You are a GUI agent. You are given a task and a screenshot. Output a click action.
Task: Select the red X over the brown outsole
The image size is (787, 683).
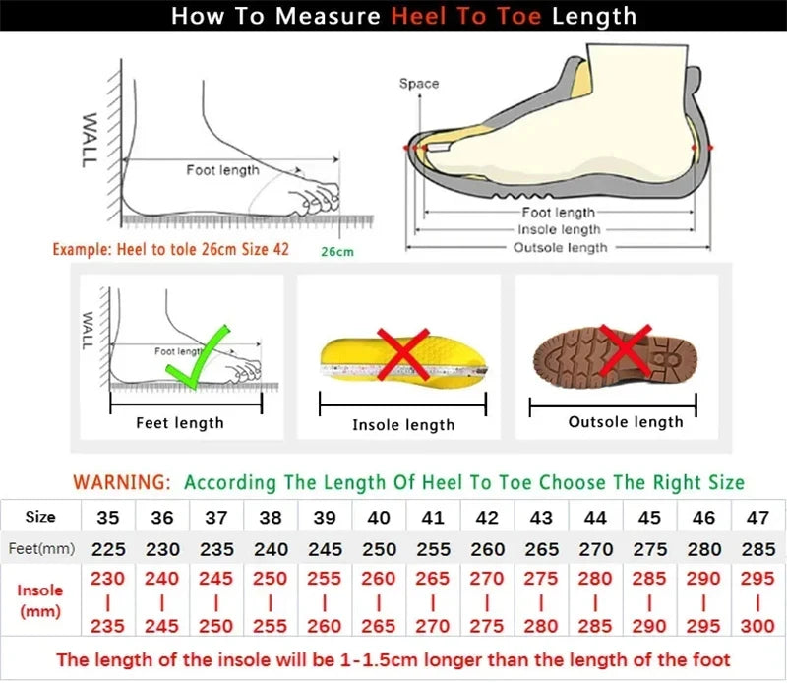(626, 348)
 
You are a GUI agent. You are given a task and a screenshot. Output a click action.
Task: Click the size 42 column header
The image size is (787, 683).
(486, 517)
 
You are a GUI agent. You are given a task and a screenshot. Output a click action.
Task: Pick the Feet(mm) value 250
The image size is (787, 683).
(378, 548)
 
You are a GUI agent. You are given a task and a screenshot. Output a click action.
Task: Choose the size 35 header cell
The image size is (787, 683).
(107, 517)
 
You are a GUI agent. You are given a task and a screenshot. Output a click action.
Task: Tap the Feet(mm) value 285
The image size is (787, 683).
(757, 548)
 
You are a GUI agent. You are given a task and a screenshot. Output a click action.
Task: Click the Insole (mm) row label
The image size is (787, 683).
(40, 599)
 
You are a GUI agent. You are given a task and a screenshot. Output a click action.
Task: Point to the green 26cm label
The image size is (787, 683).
(336, 252)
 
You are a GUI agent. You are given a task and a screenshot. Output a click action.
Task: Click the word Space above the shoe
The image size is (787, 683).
(419, 84)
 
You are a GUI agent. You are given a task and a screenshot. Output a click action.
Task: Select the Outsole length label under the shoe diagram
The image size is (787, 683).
(560, 247)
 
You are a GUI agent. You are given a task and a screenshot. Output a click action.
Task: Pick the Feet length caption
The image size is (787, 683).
(180, 423)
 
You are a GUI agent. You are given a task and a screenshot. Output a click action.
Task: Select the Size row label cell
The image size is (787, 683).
(40, 517)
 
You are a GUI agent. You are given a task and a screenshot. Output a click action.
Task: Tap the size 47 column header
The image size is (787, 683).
(757, 517)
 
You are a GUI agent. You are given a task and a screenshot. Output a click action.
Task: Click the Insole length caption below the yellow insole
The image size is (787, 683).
(403, 425)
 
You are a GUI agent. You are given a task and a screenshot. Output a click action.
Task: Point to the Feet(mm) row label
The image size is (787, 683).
(40, 548)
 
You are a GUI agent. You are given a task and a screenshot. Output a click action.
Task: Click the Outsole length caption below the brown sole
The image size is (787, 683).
(626, 422)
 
